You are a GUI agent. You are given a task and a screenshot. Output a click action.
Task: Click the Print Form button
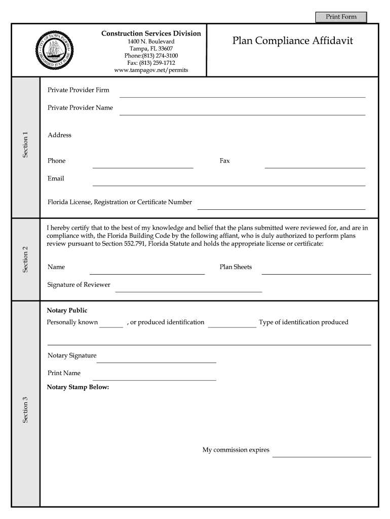(x=341, y=17)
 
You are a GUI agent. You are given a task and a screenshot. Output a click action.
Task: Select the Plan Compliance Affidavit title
(x=293, y=41)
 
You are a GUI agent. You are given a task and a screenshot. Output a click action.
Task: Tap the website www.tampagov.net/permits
(x=151, y=70)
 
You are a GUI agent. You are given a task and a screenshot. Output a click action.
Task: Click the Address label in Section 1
(x=59, y=135)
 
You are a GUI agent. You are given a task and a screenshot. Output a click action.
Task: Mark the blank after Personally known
(x=111, y=324)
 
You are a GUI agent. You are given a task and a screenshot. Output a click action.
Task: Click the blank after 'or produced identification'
(x=232, y=324)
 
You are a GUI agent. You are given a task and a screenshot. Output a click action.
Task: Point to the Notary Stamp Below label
(x=78, y=388)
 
